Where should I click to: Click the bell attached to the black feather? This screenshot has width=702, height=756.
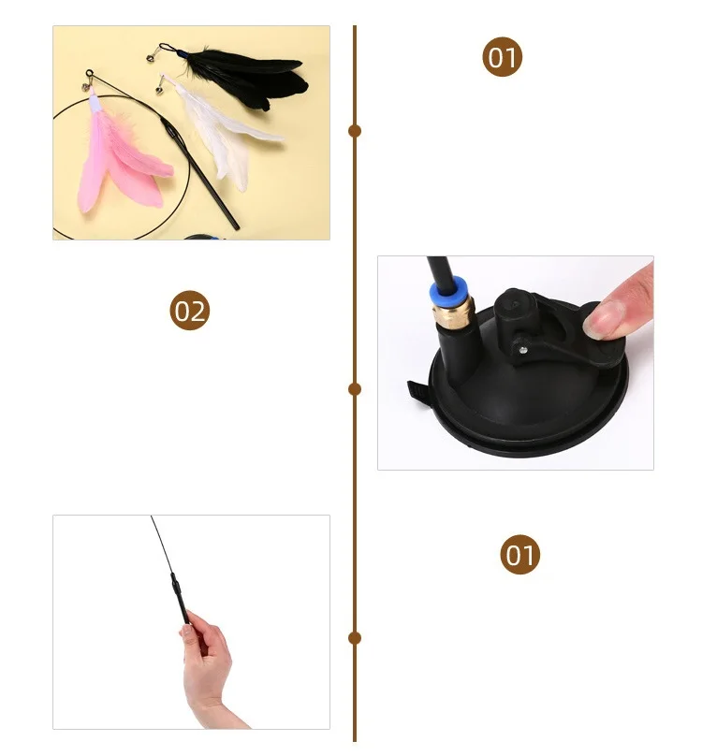click(x=151, y=57)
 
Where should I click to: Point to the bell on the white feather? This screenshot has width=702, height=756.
click(x=159, y=89)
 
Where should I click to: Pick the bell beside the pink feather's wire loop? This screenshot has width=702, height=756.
click(x=86, y=87)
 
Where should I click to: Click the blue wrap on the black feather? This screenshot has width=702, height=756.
click(x=182, y=53)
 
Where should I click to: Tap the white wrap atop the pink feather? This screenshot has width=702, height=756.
click(x=95, y=103)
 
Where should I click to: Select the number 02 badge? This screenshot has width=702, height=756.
click(x=190, y=311)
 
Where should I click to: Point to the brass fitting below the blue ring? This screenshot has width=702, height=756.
click(x=454, y=313)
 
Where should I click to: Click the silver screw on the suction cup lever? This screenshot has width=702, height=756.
click(x=523, y=350)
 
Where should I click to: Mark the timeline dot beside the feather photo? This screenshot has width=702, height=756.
click(x=355, y=131)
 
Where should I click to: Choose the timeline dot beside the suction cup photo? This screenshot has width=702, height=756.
click(x=355, y=389)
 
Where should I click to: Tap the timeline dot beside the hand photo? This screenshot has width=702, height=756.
click(x=355, y=638)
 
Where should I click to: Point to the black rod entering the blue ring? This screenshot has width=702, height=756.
click(x=439, y=271)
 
